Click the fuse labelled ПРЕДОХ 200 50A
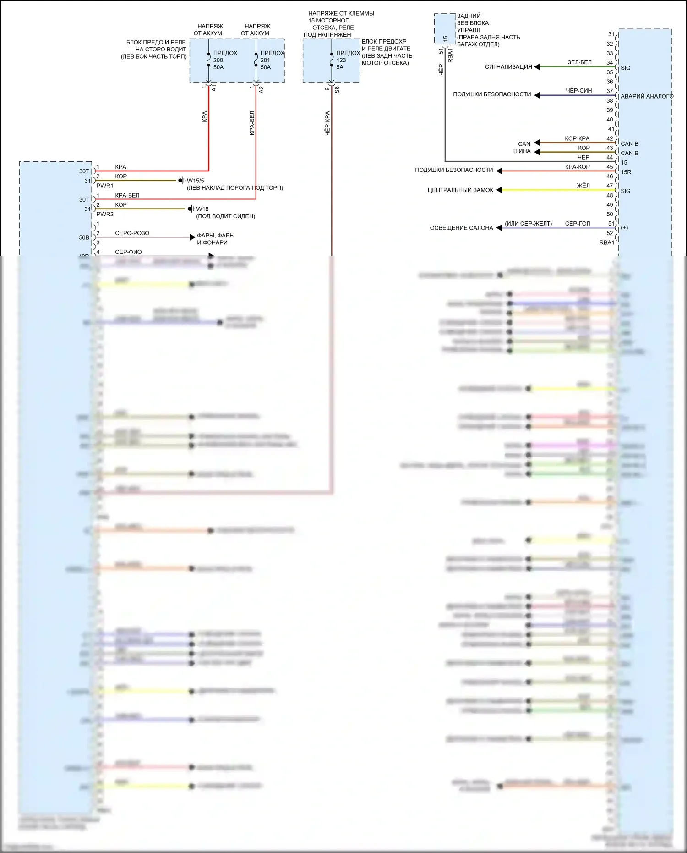point(209,60)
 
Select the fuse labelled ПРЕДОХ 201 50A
point(256,60)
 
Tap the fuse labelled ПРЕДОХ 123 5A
point(332,60)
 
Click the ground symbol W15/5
point(182,181)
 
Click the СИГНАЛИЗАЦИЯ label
point(508,67)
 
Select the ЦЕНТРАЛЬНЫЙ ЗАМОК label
point(460,190)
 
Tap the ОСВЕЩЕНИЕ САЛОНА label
point(461,228)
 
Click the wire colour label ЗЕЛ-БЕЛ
point(579,62)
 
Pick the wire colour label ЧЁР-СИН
point(578,91)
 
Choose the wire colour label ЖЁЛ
point(583,186)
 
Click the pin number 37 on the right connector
point(610,91)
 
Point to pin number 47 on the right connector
point(610,186)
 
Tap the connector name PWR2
point(105,214)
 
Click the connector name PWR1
point(105,186)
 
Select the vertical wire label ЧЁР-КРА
point(327,123)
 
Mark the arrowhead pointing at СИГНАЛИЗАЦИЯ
point(537,67)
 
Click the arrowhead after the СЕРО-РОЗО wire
point(192,237)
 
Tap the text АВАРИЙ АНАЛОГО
point(647,96)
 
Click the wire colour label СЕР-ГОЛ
point(578,224)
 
